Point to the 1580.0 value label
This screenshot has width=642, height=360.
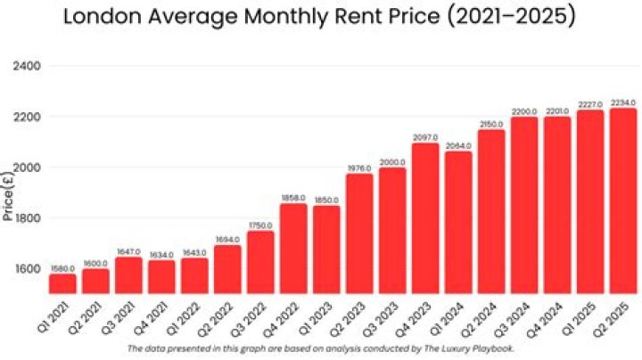click(63, 268)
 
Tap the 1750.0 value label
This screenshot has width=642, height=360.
click(261, 225)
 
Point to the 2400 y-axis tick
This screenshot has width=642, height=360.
click(28, 67)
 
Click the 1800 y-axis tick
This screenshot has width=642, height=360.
click(28, 218)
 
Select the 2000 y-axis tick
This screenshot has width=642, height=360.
click(28, 168)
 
